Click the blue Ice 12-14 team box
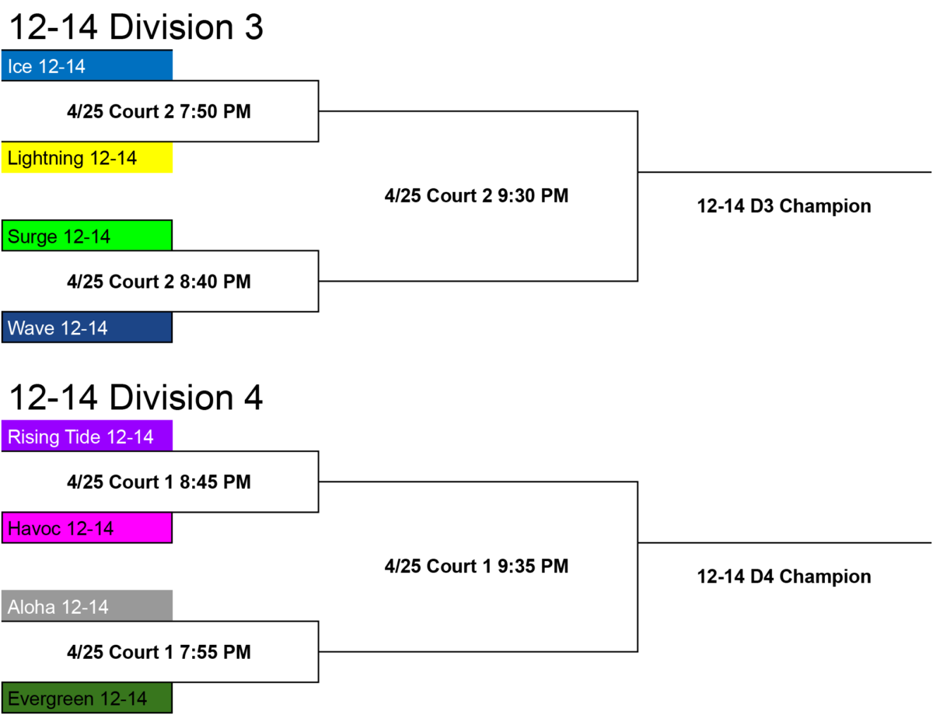click(x=87, y=65)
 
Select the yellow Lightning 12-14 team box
click(x=87, y=158)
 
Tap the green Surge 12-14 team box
click(x=87, y=235)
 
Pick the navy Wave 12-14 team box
click(x=87, y=328)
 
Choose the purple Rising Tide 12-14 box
click(x=87, y=436)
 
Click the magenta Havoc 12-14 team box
click(x=87, y=527)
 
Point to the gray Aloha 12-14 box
click(x=87, y=606)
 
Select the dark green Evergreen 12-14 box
click(x=87, y=698)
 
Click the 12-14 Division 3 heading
click(x=136, y=27)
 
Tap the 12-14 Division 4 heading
click(x=136, y=398)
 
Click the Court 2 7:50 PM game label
click(x=159, y=112)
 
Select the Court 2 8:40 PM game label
click(x=159, y=282)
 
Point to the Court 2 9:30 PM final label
click(x=477, y=196)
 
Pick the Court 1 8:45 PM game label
click(x=159, y=482)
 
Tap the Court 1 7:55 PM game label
click(x=159, y=652)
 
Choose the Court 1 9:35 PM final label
click(x=477, y=566)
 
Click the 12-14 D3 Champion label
click(x=784, y=206)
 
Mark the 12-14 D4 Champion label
click(x=784, y=577)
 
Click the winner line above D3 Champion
click(x=784, y=172)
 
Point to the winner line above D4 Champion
click(x=784, y=543)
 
